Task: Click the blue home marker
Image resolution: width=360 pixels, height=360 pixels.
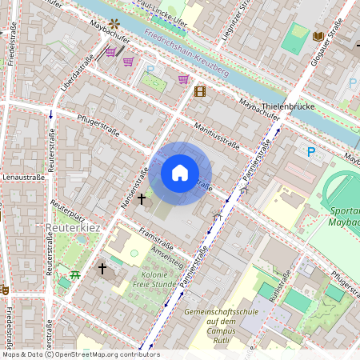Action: point(180,173)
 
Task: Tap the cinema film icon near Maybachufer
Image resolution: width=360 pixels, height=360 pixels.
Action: point(199,91)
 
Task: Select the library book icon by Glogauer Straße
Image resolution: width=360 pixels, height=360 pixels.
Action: point(318,37)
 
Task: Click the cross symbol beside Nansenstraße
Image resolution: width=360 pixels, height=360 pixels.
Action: point(142,198)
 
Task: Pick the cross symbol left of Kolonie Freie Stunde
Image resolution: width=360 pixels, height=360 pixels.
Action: point(102,269)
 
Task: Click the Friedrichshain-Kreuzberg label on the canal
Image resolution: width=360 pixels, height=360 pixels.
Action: point(187,53)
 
